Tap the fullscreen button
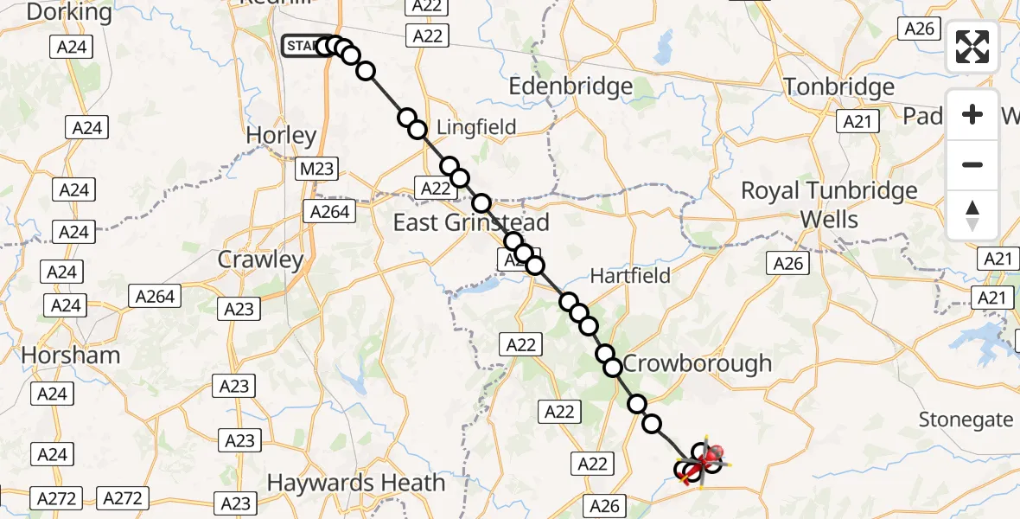(x=972, y=47)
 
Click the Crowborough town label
(x=697, y=363)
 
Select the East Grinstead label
(x=471, y=222)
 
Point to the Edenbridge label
(x=571, y=86)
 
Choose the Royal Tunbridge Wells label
(x=829, y=204)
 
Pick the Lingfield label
(x=476, y=127)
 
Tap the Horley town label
(x=281, y=136)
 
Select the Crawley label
(x=260, y=259)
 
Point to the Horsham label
(x=71, y=356)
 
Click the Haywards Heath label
(x=356, y=483)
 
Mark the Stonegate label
(x=966, y=420)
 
